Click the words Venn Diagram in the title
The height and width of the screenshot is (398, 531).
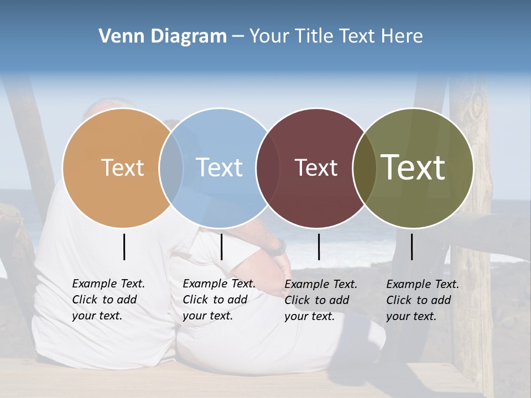coord(163,36)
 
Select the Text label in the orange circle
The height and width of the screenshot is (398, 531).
coord(122,167)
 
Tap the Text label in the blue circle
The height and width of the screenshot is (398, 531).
coord(219,167)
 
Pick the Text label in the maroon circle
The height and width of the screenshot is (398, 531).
coord(316,167)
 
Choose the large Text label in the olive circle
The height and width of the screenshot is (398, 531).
coord(413,167)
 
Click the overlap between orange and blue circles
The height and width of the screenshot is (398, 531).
coord(171,167)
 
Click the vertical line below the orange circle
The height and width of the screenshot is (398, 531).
coord(124,247)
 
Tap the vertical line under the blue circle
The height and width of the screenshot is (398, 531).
coord(221,247)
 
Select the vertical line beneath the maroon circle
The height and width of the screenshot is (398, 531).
coord(319,247)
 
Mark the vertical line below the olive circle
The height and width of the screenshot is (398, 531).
coord(412,247)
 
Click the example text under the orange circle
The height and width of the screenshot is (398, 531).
coord(108,300)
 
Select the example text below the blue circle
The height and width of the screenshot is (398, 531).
coord(219,300)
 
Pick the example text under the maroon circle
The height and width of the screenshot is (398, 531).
coord(321,300)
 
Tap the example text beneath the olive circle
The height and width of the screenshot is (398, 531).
coord(423,300)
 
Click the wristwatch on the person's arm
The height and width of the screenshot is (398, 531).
coord(280,247)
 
